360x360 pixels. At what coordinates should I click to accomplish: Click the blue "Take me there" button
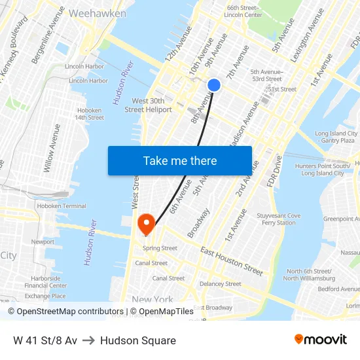pyautogui.click(x=179, y=160)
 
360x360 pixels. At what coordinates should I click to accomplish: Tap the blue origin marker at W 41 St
pyautogui.click(x=214, y=85)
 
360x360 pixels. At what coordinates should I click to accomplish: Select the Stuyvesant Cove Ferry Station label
pyautogui.click(x=279, y=219)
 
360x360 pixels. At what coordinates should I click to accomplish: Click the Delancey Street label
pyautogui.click(x=221, y=284)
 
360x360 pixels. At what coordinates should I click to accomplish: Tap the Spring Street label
pyautogui.click(x=160, y=249)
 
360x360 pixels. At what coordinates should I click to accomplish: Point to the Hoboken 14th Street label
pyautogui.click(x=89, y=114)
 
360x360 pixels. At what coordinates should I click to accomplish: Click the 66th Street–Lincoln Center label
pyautogui.click(x=243, y=11)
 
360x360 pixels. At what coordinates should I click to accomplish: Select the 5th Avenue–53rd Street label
pyautogui.click(x=266, y=75)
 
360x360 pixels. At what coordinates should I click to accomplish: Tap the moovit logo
pyautogui.click(x=321, y=340)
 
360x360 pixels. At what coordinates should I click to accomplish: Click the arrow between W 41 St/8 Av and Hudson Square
pyautogui.click(x=89, y=340)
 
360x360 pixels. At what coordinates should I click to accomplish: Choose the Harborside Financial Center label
pyautogui.click(x=46, y=281)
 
